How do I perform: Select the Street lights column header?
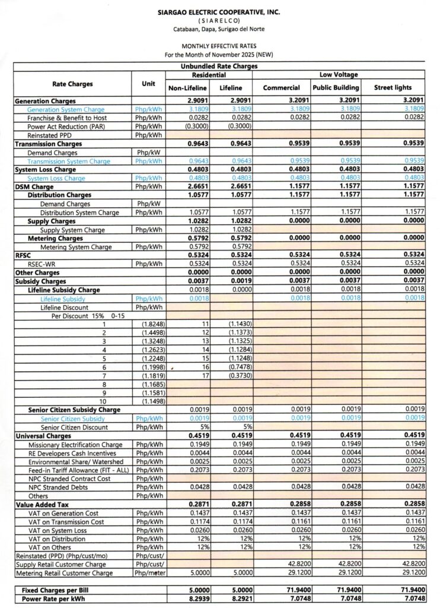pos(393,88)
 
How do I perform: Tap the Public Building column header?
pos(336,88)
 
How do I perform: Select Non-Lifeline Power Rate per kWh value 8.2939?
pos(198,599)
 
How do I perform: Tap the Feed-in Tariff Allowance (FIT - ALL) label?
pos(74,470)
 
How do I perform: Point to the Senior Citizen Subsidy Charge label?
pos(74,410)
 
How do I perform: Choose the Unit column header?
pos(148,84)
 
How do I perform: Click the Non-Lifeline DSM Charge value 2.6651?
pos(198,186)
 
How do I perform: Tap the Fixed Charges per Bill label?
pos(52,591)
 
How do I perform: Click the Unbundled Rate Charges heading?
pos(219,67)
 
